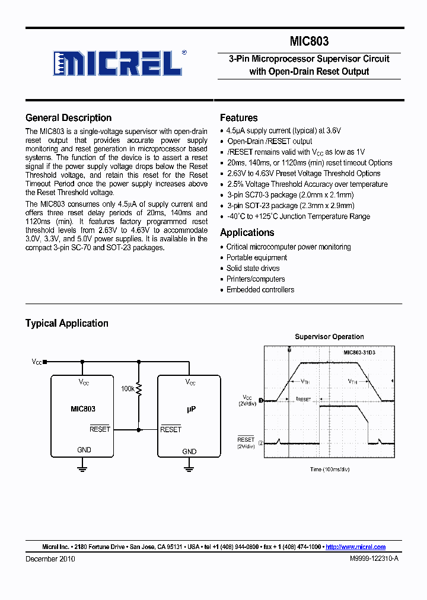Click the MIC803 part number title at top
309,42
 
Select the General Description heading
68,118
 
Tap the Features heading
238,118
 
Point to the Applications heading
247,232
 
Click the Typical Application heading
66,323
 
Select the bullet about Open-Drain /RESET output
269,141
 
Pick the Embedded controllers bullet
260,289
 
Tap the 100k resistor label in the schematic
128,388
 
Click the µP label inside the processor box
190,409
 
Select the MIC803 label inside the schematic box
83,409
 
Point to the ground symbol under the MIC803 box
82,468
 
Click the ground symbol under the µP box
189,468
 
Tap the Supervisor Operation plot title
329,337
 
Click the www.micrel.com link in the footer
356,547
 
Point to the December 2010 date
50,559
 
